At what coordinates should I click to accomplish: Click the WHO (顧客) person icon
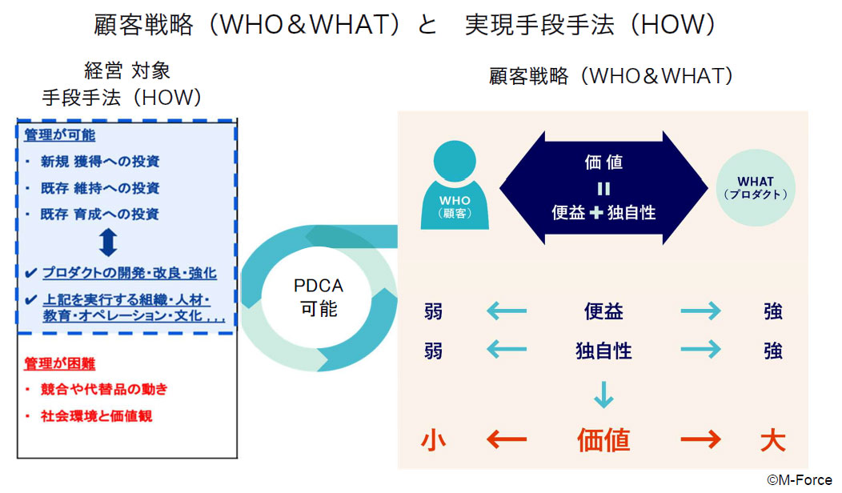point(455,186)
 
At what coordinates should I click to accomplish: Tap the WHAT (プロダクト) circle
point(755,188)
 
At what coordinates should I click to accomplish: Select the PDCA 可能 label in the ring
point(319,297)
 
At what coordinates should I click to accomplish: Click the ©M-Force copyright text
point(799,479)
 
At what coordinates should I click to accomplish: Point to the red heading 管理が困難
point(59,363)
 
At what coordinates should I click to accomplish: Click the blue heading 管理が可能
point(59,134)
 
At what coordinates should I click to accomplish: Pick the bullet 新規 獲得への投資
point(100,161)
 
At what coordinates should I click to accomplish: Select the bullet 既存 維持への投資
point(100,188)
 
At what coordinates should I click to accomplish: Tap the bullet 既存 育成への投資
point(100,214)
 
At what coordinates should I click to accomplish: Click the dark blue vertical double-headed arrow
point(108,242)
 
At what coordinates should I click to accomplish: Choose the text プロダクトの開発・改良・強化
point(130,273)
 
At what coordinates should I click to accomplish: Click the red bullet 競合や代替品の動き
point(104,389)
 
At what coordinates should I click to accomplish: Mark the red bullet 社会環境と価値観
point(97,415)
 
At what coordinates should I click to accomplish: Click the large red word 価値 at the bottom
point(603,440)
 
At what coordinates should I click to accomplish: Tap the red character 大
point(772,440)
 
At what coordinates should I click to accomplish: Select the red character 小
point(433,440)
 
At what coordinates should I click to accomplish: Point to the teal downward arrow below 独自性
point(603,395)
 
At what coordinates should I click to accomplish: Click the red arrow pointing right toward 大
point(701,439)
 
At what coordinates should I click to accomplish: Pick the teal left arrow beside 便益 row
point(507,311)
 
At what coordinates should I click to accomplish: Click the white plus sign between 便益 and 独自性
point(596,213)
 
